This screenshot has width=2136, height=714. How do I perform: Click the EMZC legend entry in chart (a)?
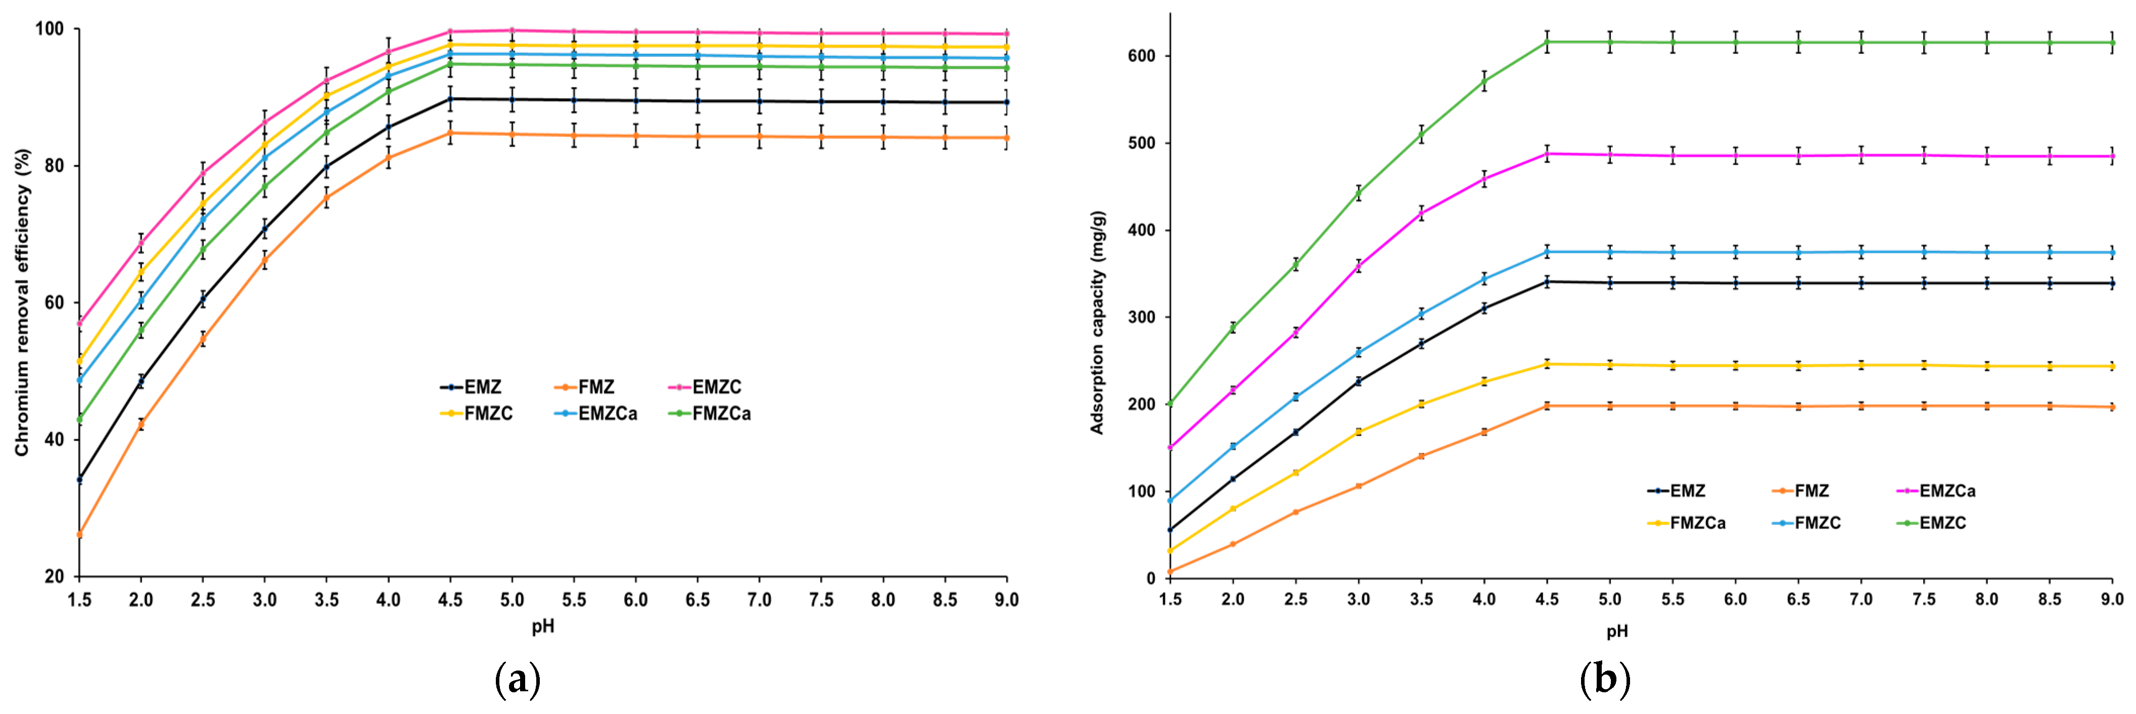(x=716, y=387)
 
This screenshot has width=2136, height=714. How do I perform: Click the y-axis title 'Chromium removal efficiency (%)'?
(x=22, y=302)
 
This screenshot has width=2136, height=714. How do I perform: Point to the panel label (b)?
(x=1605, y=680)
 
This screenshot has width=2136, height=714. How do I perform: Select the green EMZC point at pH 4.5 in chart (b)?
(x=1547, y=41)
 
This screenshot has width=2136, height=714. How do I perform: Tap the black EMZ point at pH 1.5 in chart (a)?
(x=79, y=480)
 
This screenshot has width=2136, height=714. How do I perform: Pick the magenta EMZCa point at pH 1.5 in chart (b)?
(x=1170, y=448)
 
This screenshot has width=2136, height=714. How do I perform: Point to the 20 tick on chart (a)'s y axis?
(x=54, y=577)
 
